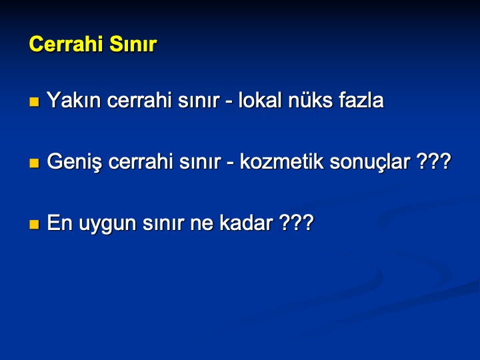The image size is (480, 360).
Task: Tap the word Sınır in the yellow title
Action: [133, 44]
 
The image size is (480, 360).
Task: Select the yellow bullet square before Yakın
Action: [34, 101]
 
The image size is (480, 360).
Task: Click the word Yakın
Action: [74, 100]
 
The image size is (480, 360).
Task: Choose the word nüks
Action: [310, 100]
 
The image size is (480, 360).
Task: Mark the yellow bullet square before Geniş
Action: [34, 163]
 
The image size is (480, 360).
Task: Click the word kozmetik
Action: [281, 161]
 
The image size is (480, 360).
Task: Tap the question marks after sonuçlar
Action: [434, 161]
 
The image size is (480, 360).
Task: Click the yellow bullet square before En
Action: [34, 225]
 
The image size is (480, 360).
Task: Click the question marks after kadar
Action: [297, 222]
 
